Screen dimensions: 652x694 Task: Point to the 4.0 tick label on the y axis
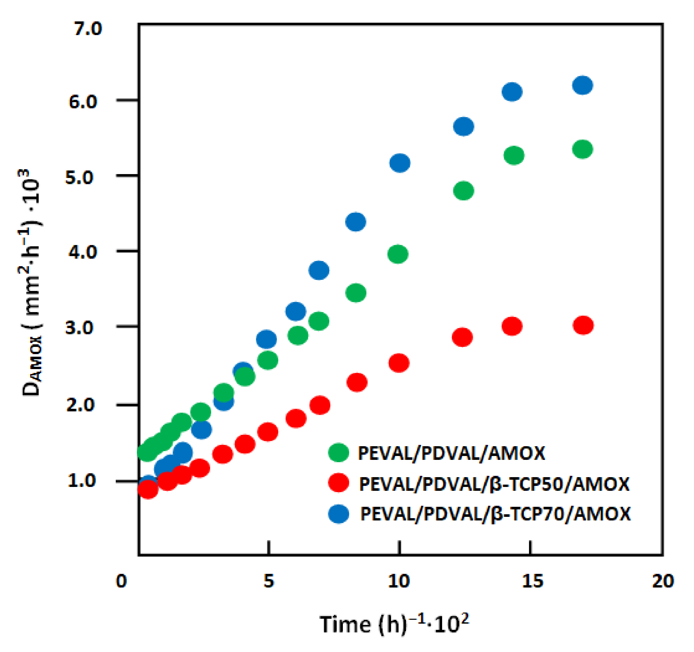82,252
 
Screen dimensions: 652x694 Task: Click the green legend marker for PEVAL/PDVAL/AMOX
338,453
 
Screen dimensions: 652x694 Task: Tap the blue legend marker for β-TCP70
338,514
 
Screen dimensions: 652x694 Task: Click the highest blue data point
583,85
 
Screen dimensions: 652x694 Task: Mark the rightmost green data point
583,150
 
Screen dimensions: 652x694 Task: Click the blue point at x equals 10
400,163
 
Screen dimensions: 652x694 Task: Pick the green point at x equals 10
398,254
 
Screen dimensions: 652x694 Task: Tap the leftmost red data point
148,489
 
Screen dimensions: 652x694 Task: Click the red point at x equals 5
268,432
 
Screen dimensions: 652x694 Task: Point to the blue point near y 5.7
464,126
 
